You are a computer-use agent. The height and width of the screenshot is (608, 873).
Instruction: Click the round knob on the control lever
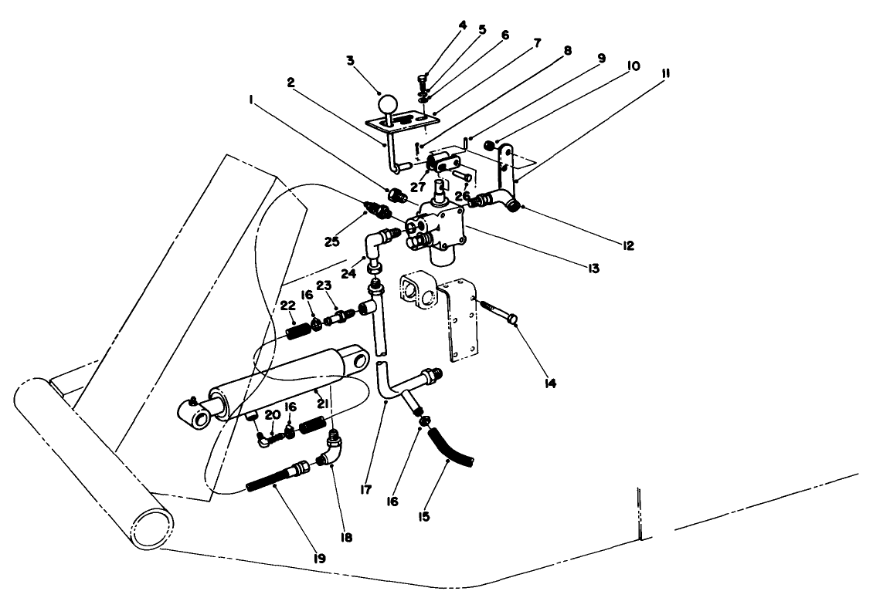pos(386,104)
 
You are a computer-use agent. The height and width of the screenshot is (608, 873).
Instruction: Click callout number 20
pos(272,415)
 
